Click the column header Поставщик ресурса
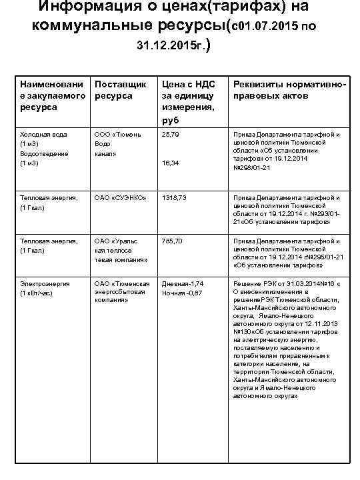[121, 90]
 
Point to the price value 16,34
[171, 163]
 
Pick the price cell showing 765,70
[173, 241]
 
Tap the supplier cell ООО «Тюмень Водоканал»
[118, 143]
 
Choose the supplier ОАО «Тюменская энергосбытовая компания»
[121, 291]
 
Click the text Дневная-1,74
[183, 283]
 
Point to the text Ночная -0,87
[182, 293]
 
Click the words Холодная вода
[44, 134]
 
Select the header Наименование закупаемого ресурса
[53, 95]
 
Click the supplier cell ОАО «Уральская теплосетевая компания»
[121, 250]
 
